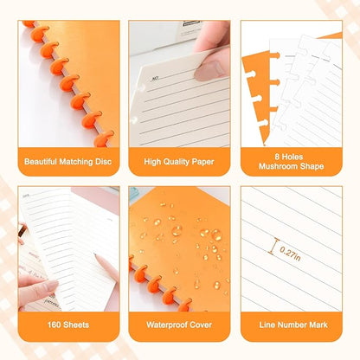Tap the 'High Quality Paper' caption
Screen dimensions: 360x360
click(179, 160)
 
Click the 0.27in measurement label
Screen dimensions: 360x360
click(292, 251)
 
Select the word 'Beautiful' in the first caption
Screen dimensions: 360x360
click(42, 160)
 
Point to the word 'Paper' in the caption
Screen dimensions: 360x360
click(206, 160)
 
